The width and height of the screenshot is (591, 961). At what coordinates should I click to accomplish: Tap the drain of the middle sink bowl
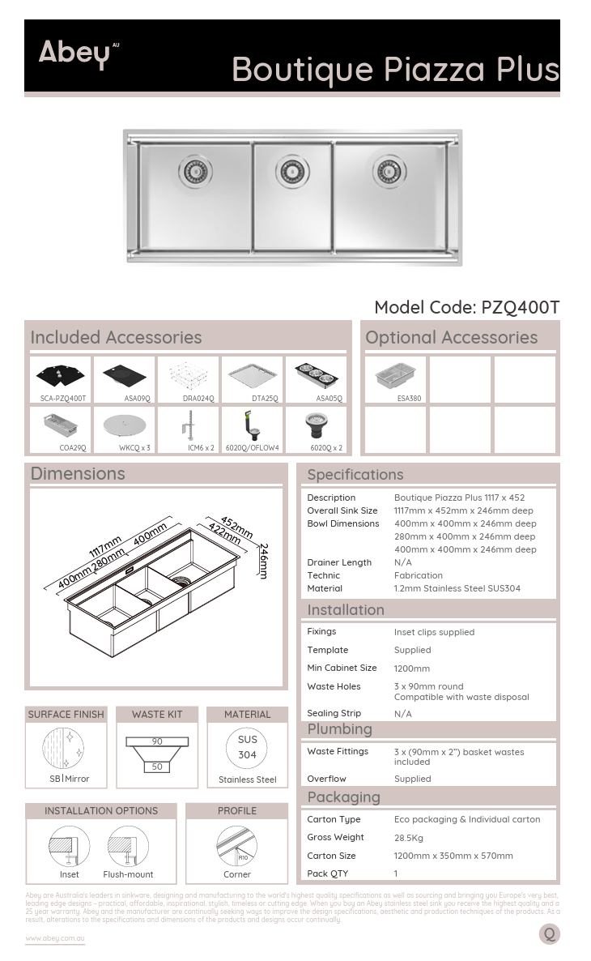coord(293,171)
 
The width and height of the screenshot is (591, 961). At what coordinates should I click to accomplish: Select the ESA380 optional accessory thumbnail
coord(395,375)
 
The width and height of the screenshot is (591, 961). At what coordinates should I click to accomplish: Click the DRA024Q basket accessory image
coord(189,375)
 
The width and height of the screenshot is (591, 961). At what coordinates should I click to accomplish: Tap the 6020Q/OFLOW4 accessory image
coord(252,425)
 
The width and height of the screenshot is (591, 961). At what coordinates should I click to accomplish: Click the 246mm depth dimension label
coord(263,561)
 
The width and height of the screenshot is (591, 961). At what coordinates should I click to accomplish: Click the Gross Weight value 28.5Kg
coord(409,838)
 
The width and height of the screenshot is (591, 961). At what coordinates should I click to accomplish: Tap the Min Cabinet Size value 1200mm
coord(412,668)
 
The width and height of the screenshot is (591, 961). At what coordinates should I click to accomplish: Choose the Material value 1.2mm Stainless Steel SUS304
coord(457,588)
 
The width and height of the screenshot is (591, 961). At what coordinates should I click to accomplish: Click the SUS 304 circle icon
coord(247,747)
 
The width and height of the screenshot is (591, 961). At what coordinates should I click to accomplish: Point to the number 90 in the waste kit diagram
coord(157,741)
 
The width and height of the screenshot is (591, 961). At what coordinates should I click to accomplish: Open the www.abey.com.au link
coord(55,938)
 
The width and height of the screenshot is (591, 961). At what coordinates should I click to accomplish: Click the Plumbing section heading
coord(340,729)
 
